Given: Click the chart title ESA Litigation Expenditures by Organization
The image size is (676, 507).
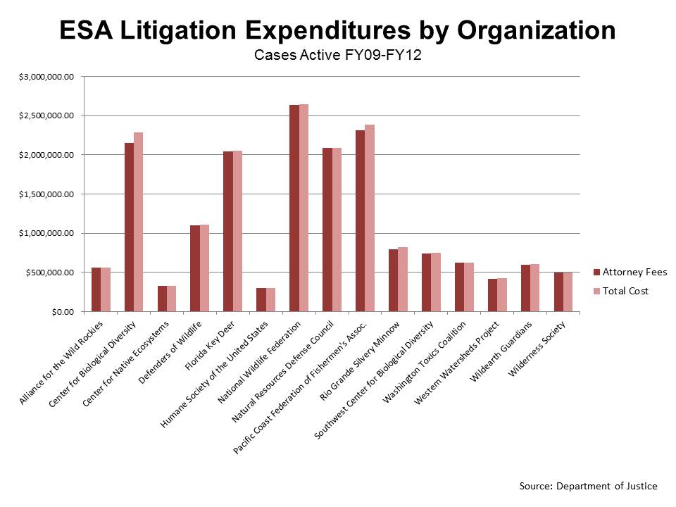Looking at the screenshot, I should (x=337, y=30).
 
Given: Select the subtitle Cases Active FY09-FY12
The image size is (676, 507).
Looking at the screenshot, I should (x=337, y=56).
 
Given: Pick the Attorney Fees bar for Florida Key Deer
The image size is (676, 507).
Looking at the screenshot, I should (x=228, y=232).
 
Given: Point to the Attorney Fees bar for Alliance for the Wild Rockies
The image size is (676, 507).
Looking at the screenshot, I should (x=96, y=289).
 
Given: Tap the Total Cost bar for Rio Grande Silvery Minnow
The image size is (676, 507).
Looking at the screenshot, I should (x=402, y=279).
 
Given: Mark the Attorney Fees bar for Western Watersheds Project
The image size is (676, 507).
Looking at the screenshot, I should (x=492, y=295).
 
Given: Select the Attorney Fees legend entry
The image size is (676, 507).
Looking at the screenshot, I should (x=631, y=272).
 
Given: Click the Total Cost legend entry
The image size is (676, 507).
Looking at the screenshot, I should (x=625, y=290).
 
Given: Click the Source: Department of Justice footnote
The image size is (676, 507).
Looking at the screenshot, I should (x=588, y=486).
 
